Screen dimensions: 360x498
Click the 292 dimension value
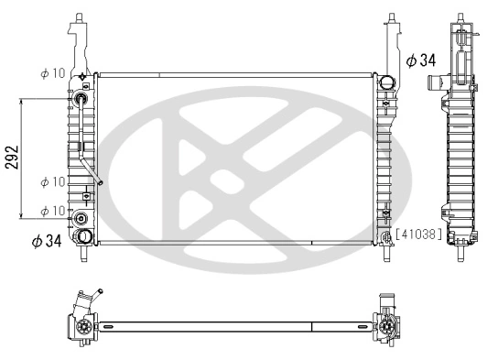tap(10, 158)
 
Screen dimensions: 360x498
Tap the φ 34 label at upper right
tap(420, 60)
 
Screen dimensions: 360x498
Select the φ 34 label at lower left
tap(46, 242)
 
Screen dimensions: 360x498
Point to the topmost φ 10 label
tap(52, 72)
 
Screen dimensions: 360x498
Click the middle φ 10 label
tap(52, 182)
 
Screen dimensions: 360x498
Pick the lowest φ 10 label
tap(52, 212)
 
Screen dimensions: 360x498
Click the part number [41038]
tap(418, 235)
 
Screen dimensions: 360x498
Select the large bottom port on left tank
tap(84, 237)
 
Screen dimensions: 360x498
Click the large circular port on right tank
tap(387, 83)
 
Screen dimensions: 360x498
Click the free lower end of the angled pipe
tap(100, 182)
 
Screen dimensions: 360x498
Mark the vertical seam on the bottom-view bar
tap(312, 326)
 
